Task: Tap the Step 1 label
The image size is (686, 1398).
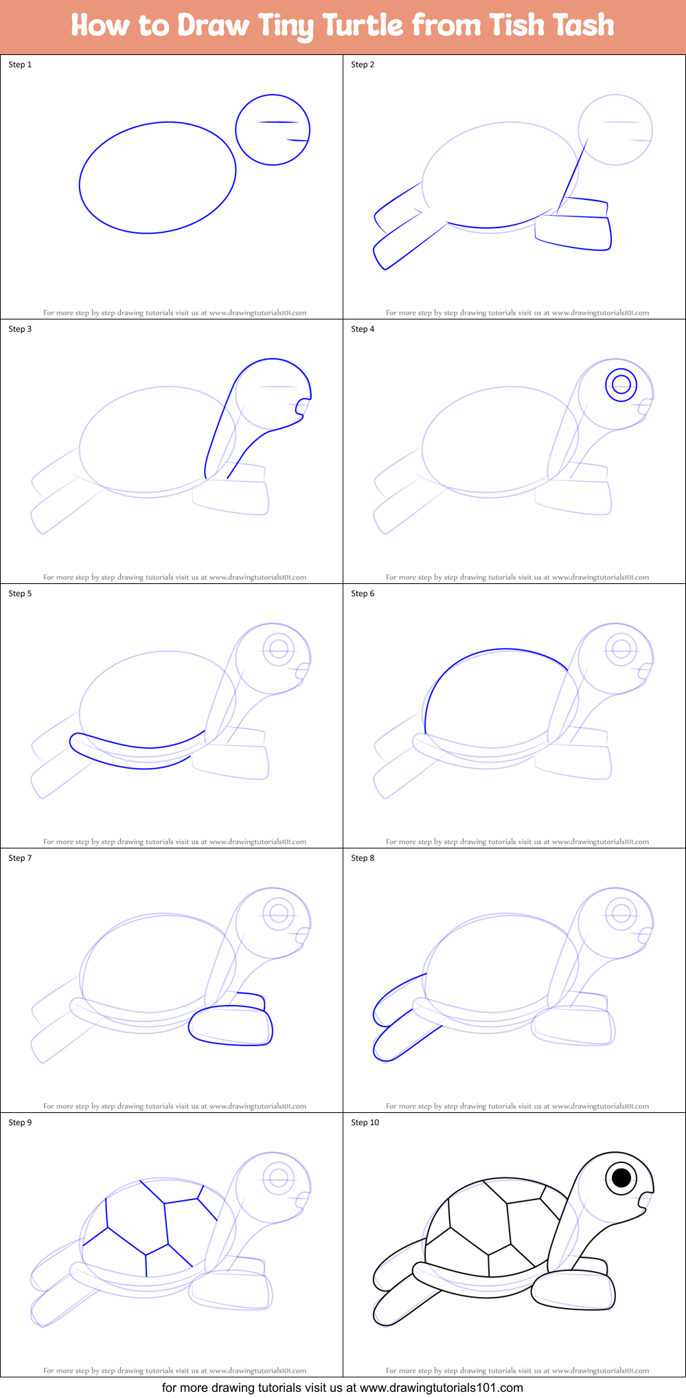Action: (x=20, y=65)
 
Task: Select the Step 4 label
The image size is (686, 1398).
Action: (x=363, y=329)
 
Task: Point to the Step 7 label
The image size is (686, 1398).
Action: (x=20, y=858)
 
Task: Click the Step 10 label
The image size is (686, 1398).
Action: (x=365, y=1123)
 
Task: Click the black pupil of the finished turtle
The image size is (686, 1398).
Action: (x=621, y=1178)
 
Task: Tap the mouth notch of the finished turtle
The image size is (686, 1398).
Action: (x=642, y=1198)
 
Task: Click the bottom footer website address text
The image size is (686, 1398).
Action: (x=343, y=1387)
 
